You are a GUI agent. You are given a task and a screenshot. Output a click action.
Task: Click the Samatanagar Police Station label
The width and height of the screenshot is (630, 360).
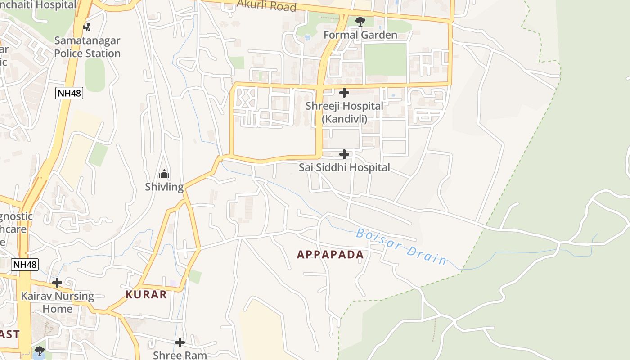pyautogui.click(x=87, y=47)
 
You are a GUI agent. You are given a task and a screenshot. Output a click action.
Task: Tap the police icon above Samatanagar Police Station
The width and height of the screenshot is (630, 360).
pyautogui.click(x=87, y=27)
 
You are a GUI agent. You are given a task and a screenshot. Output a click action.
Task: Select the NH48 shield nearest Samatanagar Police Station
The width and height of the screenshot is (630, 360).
pyautogui.click(x=69, y=94)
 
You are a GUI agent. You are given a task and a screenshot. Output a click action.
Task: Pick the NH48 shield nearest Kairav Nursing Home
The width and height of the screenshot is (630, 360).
pyautogui.click(x=25, y=264)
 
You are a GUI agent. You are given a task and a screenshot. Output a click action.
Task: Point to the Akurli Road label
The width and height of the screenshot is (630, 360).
pyautogui.click(x=266, y=6)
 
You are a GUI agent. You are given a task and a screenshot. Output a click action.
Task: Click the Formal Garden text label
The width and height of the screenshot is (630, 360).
pyautogui.click(x=360, y=35)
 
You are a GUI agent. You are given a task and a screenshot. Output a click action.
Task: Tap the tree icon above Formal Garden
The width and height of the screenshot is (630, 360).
pyautogui.click(x=360, y=21)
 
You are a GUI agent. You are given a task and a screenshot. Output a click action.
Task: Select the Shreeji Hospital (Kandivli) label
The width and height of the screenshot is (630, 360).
pyautogui.click(x=344, y=112)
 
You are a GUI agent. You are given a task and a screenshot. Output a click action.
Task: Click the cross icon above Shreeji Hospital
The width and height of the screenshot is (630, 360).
pyautogui.click(x=344, y=93)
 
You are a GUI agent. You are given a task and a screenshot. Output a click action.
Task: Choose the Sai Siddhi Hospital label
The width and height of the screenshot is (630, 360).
pyautogui.click(x=344, y=167)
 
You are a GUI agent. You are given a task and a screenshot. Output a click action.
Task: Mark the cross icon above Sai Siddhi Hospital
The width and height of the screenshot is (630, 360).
pyautogui.click(x=344, y=154)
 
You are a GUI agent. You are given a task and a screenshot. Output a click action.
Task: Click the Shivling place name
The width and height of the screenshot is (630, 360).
pyautogui.click(x=164, y=187)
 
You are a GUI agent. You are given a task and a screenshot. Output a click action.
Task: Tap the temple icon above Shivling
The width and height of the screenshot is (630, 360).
pyautogui.click(x=164, y=174)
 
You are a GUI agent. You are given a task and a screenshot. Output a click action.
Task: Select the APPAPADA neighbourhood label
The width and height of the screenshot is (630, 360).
pyautogui.click(x=330, y=255)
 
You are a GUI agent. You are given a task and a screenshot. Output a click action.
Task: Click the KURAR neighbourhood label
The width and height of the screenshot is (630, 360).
pyautogui.click(x=146, y=295)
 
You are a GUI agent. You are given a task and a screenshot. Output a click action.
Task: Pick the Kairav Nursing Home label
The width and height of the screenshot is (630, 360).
pyautogui.click(x=57, y=302)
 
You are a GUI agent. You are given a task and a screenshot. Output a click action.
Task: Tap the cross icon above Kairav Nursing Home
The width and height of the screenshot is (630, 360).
pyautogui.click(x=57, y=283)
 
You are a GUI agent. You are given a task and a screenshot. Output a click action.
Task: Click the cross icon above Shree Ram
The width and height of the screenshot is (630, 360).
pyautogui.click(x=180, y=342)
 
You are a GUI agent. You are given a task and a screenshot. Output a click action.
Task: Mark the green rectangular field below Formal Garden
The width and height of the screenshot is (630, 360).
pyautogui.click(x=385, y=59)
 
